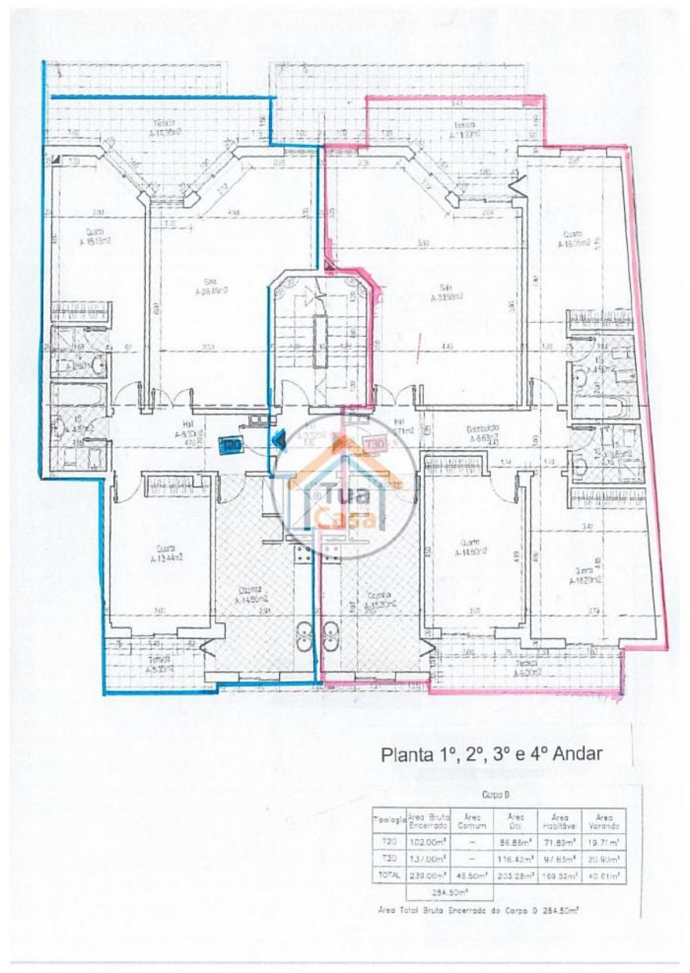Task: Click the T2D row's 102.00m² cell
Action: [x=428, y=842]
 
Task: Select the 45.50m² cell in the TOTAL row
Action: [x=471, y=876]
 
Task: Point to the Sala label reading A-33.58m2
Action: [x=447, y=293]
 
